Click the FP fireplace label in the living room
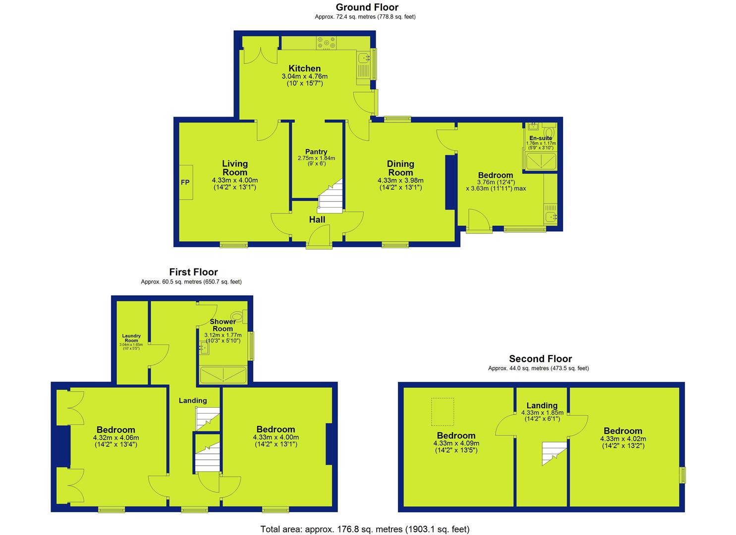click(x=185, y=182)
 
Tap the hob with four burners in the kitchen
click(x=326, y=43)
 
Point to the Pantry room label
click(x=316, y=152)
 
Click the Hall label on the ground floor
click(x=317, y=220)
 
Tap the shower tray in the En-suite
click(x=541, y=161)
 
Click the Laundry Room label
click(x=131, y=338)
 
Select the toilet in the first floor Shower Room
click(x=239, y=316)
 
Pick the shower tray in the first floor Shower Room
click(x=224, y=375)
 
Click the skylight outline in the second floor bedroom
click(x=443, y=412)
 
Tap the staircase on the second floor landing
click(x=554, y=454)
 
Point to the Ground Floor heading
click(x=367, y=7)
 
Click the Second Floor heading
click(x=541, y=359)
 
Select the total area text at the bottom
click(x=365, y=529)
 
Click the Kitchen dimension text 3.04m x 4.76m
click(x=305, y=76)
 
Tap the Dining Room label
click(x=400, y=168)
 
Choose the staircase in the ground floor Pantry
click(x=330, y=196)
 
